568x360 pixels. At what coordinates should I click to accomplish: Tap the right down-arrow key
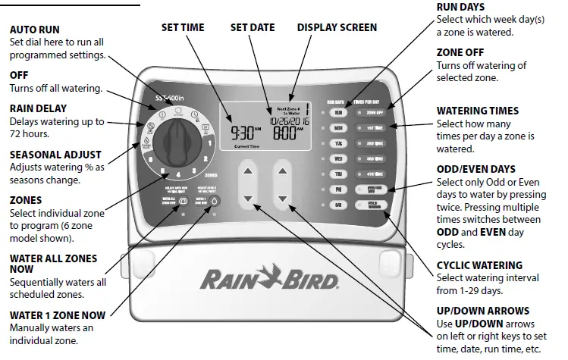282,199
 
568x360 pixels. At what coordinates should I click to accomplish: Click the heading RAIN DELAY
38,108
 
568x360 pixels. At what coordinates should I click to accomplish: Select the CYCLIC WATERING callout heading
479,265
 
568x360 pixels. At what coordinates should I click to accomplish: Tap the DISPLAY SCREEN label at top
336,27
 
